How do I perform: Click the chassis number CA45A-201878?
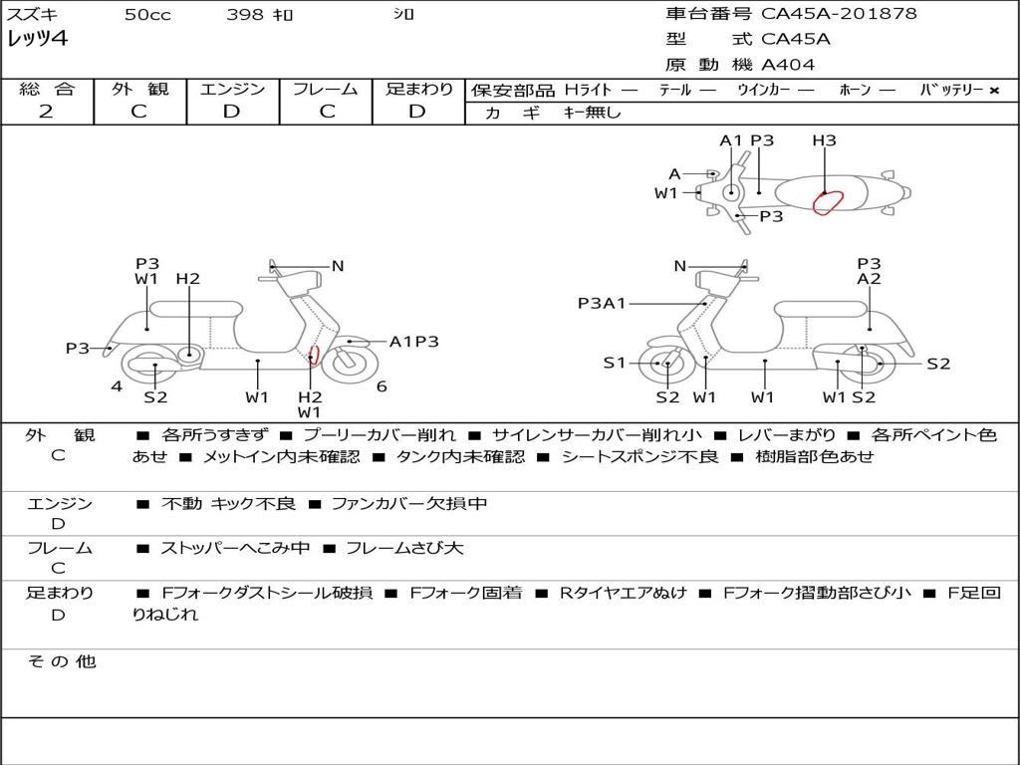point(839,14)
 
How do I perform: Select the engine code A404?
point(788,65)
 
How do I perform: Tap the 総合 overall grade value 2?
point(46,112)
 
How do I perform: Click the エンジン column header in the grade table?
point(232,89)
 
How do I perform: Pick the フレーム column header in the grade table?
point(326,89)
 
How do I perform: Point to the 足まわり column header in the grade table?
point(419,89)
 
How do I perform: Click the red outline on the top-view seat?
point(828,202)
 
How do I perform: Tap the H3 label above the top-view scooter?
point(824,140)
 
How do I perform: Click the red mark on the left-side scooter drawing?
point(315,355)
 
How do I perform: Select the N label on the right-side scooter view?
point(680,266)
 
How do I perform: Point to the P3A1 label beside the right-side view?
point(602,303)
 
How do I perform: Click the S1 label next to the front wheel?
point(615,363)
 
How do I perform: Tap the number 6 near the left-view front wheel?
point(382,386)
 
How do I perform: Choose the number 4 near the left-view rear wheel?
point(117,386)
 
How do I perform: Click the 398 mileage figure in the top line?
point(245,14)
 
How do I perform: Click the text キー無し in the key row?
point(592,113)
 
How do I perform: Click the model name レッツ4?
point(37,39)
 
